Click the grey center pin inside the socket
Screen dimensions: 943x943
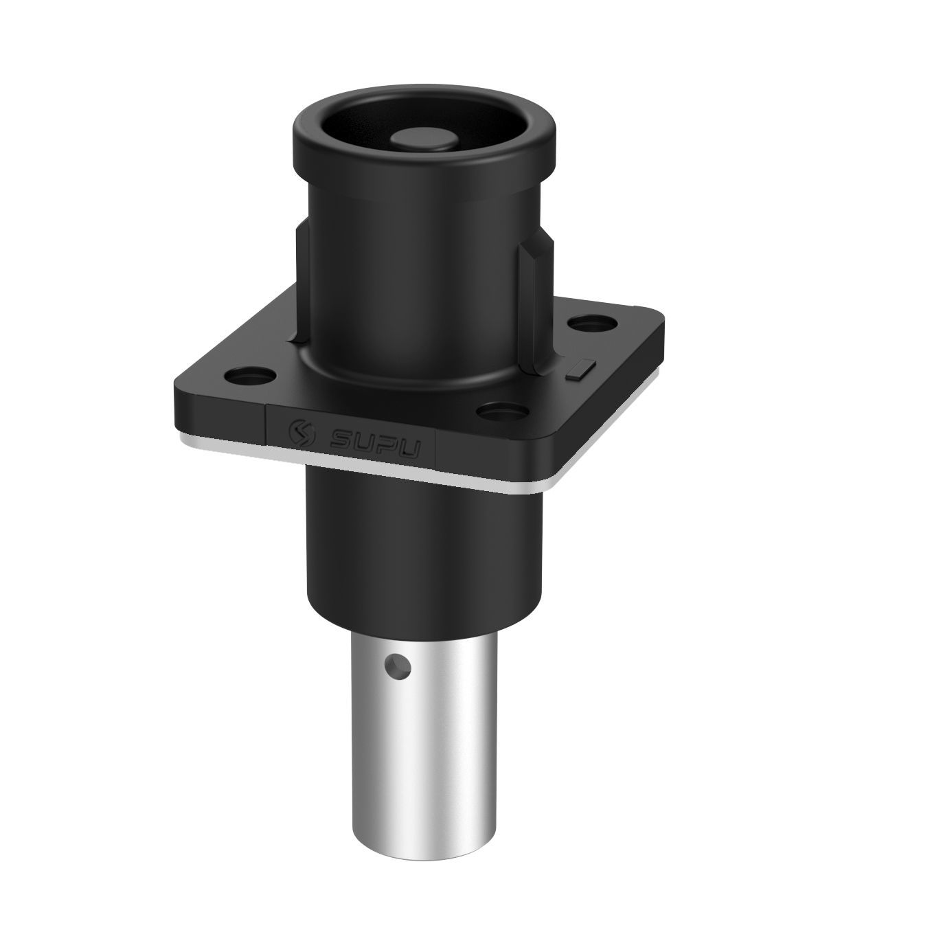(425, 139)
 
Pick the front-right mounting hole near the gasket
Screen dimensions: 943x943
(500, 411)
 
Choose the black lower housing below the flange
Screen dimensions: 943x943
(422, 549)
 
